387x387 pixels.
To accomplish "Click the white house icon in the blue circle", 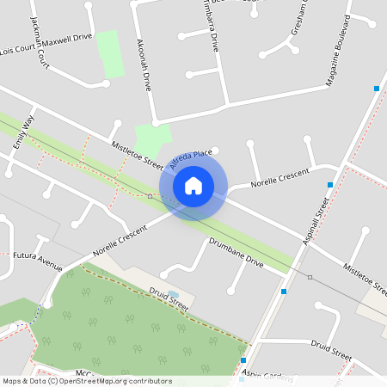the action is pos(193,185).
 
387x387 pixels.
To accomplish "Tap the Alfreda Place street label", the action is pos(191,157).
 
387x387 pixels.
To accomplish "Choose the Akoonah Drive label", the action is pos(144,64).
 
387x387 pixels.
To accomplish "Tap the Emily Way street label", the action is pos(23,132).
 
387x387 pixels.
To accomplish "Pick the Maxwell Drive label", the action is pos(70,38).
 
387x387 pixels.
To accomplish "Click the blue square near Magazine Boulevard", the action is pos(376,89).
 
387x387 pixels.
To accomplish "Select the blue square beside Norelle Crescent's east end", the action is pos(330,184).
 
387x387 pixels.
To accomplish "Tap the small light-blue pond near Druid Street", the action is pos(175,293).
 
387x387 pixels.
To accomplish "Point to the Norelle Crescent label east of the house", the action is pos(279,178).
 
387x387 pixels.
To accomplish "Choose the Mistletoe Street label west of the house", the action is pos(137,156).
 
